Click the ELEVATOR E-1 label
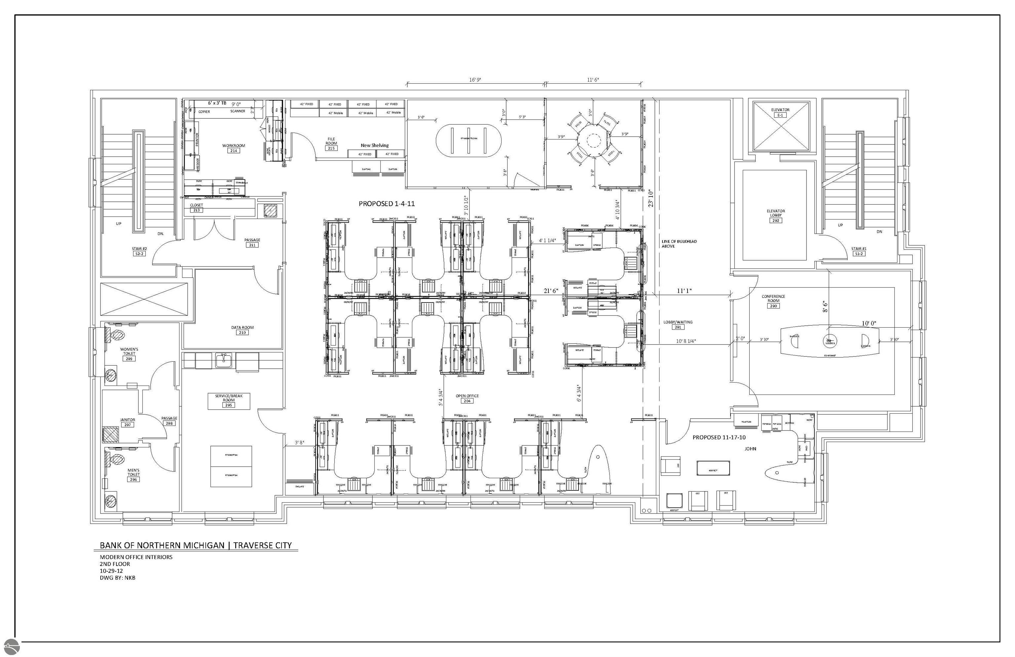point(780,112)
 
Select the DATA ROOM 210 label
point(242,330)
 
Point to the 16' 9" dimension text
point(475,80)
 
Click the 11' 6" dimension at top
point(592,80)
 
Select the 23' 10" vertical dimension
point(651,198)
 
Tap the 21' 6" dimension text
point(550,291)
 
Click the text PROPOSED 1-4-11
point(386,204)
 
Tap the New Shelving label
point(374,145)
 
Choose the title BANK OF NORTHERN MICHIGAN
point(162,545)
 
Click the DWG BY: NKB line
point(117,578)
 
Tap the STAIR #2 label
point(139,251)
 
